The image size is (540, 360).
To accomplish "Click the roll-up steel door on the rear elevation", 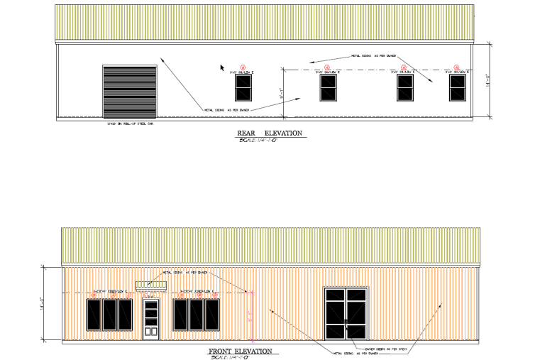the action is point(130,91).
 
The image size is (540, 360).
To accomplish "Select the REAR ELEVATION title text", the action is point(270,133).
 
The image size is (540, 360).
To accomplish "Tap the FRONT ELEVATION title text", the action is point(240,351).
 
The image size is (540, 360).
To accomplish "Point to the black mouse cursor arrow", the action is point(222,67).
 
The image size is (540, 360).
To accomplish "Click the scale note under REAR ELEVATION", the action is point(258,140).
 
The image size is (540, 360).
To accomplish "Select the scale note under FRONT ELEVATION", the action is point(228,357).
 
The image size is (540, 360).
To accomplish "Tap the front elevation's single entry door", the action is point(150,320).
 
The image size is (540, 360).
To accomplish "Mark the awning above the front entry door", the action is point(151,285).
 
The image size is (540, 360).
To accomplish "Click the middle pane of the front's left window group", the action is point(109,315).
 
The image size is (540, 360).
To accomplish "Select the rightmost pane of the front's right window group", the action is point(211,315).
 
